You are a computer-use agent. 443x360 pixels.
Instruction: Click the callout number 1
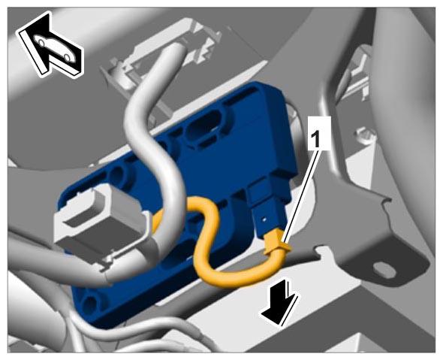point(315,139)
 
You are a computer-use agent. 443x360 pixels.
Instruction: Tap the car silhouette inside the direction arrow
point(54,47)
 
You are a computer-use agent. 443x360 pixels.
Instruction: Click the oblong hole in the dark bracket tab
point(382,268)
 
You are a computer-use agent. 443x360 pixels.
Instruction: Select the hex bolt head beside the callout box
point(364,135)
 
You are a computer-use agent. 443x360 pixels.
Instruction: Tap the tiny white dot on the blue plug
point(264,219)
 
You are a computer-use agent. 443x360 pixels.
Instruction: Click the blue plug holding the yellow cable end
point(268,209)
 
